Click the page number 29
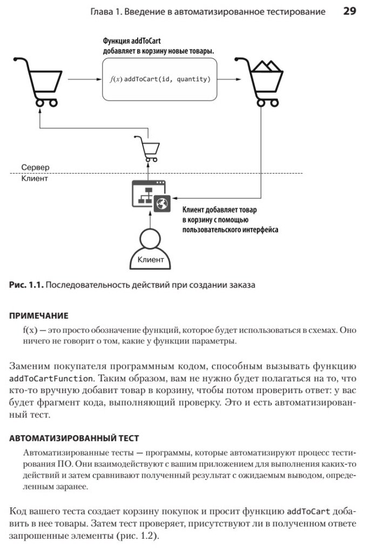(349, 11)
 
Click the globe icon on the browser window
(161, 203)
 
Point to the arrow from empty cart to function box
(85, 79)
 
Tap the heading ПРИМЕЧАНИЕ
(39, 315)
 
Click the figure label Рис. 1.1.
(26, 285)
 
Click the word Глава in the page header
(104, 11)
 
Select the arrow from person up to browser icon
(147, 220)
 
